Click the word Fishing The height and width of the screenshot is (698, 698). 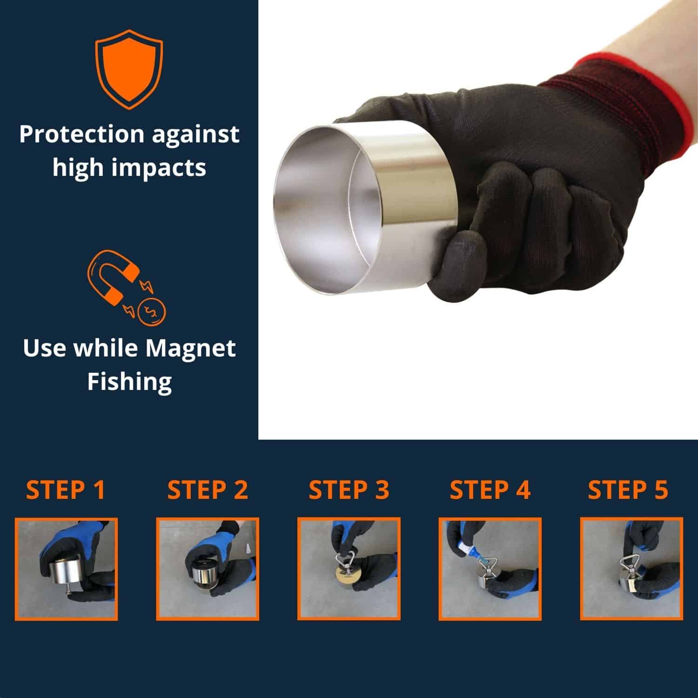129,382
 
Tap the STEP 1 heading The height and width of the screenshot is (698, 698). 66,490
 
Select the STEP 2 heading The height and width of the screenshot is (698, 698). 208,490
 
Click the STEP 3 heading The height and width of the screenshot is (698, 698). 349,490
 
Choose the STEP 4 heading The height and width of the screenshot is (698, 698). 490,490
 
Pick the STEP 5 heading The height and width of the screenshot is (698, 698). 628,490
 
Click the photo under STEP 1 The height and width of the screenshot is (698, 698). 66,569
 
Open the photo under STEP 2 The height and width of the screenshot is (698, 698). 208,569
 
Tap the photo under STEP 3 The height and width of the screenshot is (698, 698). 349,569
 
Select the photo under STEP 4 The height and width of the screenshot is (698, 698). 490,569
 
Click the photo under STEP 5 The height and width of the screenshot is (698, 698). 631,569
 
